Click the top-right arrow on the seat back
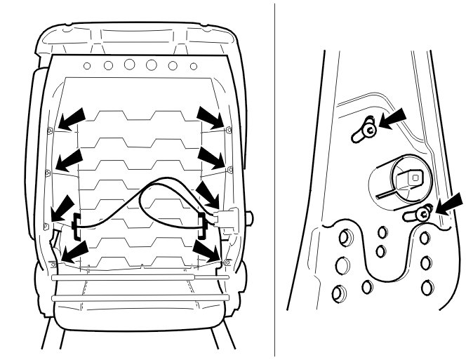tap(209, 117)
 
